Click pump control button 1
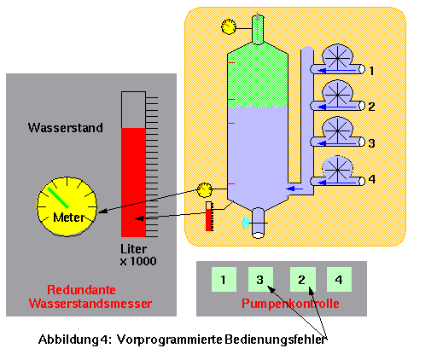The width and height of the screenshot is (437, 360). pos(224,279)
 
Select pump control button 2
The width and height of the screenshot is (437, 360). pos(303,279)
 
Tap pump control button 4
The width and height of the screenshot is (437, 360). pos(339,279)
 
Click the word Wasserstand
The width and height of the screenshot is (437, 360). pos(66,128)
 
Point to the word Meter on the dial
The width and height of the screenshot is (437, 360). pos(69,218)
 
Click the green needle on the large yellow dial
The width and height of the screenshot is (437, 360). pos(58,198)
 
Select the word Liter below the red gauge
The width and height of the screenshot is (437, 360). pos(133,249)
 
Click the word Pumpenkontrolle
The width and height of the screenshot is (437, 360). pos(290,304)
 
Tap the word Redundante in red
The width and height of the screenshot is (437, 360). pos(81,290)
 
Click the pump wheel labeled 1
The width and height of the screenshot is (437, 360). pos(337,58)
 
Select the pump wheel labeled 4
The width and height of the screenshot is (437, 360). pos(337,169)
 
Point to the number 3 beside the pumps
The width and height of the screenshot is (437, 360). pos(371,143)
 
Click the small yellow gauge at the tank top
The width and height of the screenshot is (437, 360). pos(229,26)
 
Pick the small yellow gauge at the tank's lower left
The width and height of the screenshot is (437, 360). pos(205,190)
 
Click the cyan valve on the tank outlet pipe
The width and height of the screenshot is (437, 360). pos(245,223)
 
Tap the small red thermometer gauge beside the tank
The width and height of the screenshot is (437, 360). pos(209,217)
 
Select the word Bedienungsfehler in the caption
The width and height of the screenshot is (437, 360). pos(275,340)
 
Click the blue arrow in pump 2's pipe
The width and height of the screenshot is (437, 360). pos(337,107)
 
